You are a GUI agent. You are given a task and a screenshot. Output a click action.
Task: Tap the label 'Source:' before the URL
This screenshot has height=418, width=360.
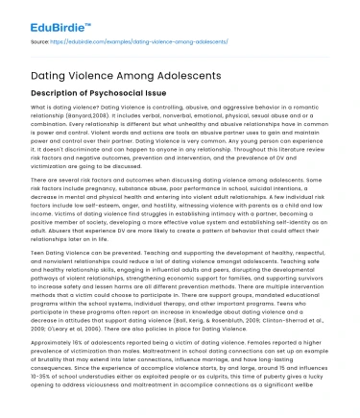coord(39,43)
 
